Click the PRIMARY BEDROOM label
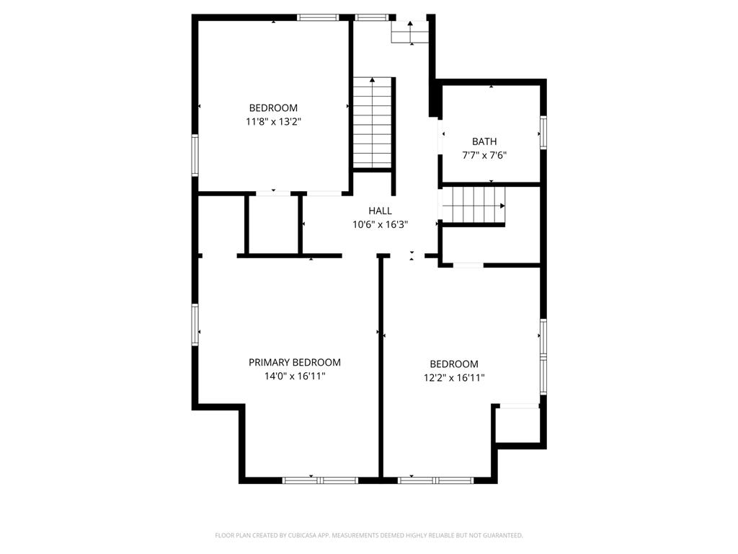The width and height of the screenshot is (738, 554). (x=295, y=362)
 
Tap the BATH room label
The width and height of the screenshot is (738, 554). (x=484, y=141)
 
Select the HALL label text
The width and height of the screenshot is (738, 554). (x=380, y=211)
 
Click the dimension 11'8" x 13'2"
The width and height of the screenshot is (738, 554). (x=273, y=121)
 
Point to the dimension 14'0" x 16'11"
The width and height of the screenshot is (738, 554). (x=295, y=376)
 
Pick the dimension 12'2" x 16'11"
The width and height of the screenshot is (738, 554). (x=454, y=377)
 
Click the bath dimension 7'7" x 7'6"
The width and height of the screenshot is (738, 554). (x=484, y=155)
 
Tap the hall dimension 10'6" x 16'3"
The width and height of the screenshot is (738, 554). (x=381, y=224)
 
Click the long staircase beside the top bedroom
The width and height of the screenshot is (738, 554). (x=373, y=123)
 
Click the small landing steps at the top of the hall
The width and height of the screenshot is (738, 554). (x=410, y=32)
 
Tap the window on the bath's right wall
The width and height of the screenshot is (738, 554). (x=543, y=133)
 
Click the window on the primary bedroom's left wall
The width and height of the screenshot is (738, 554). (x=195, y=325)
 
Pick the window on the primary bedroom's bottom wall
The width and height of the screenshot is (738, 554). (x=320, y=480)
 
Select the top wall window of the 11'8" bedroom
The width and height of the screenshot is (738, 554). (x=318, y=17)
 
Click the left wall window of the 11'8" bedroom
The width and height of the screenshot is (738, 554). (x=195, y=156)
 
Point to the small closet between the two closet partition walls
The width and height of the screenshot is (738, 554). (x=273, y=224)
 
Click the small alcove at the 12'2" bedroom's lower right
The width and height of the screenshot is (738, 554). (x=517, y=424)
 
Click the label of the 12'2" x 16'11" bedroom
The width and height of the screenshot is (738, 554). (x=454, y=364)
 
